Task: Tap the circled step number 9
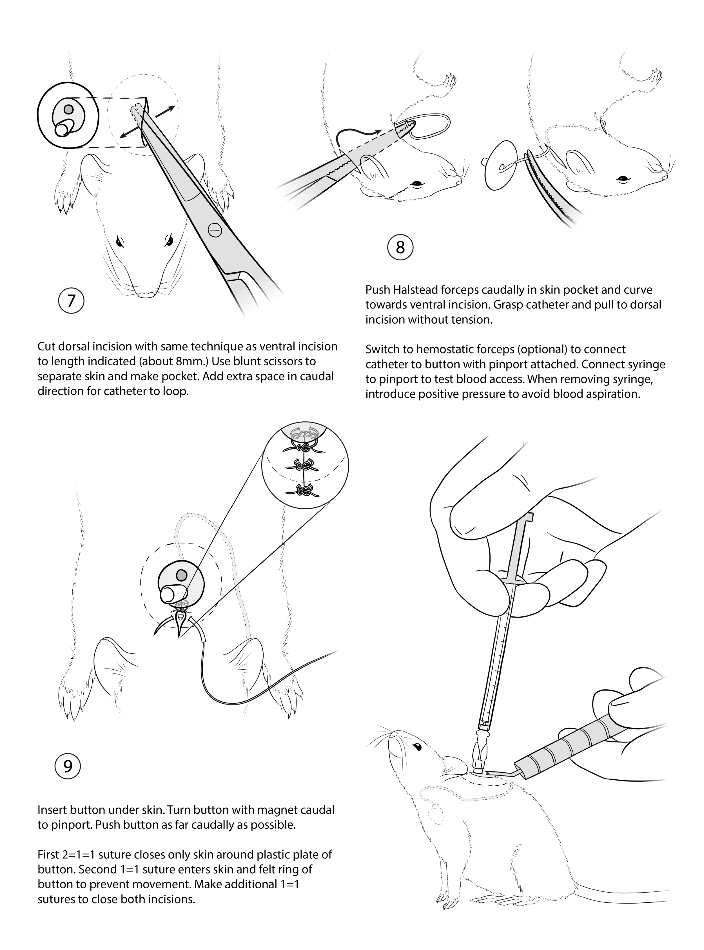pyautogui.click(x=68, y=766)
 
